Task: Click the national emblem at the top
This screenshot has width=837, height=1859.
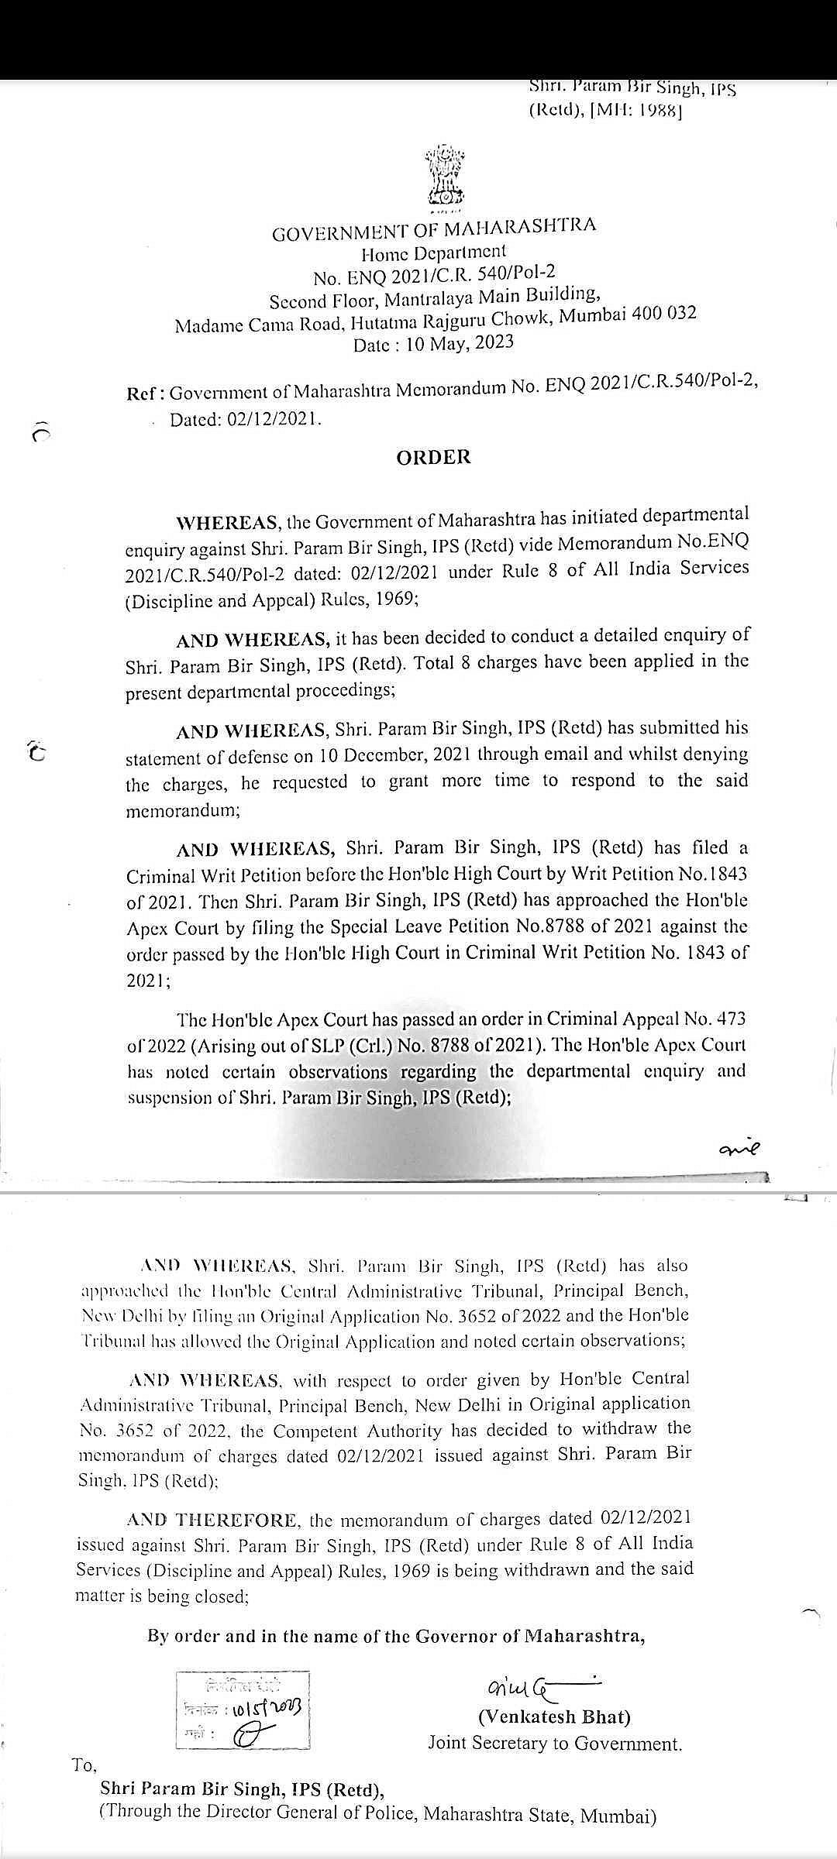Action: click(x=443, y=176)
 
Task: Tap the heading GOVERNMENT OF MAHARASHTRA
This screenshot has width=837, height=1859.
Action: click(x=434, y=229)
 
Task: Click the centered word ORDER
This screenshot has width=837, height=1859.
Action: click(x=433, y=457)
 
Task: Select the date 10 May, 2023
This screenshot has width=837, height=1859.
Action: click(x=460, y=343)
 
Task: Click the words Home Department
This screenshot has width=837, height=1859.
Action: click(x=433, y=252)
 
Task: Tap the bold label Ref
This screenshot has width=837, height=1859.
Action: click(x=144, y=393)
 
